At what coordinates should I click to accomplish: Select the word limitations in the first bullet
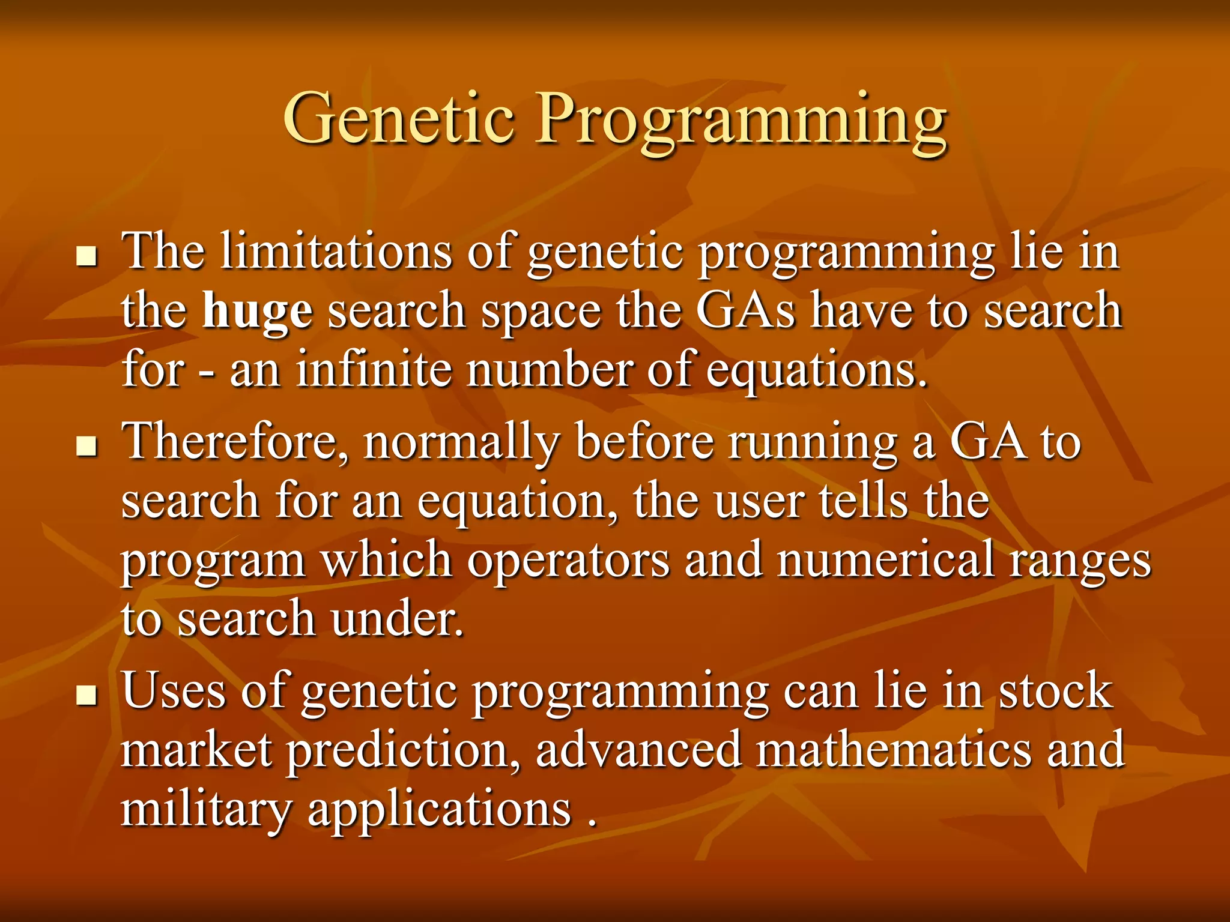[336, 252]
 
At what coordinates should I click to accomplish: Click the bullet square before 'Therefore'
[88, 447]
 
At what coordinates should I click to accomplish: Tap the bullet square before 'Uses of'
[88, 697]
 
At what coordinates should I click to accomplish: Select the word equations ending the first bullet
[816, 372]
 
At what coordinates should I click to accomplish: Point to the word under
[397, 619]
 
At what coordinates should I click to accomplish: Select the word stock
[1055, 691]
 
